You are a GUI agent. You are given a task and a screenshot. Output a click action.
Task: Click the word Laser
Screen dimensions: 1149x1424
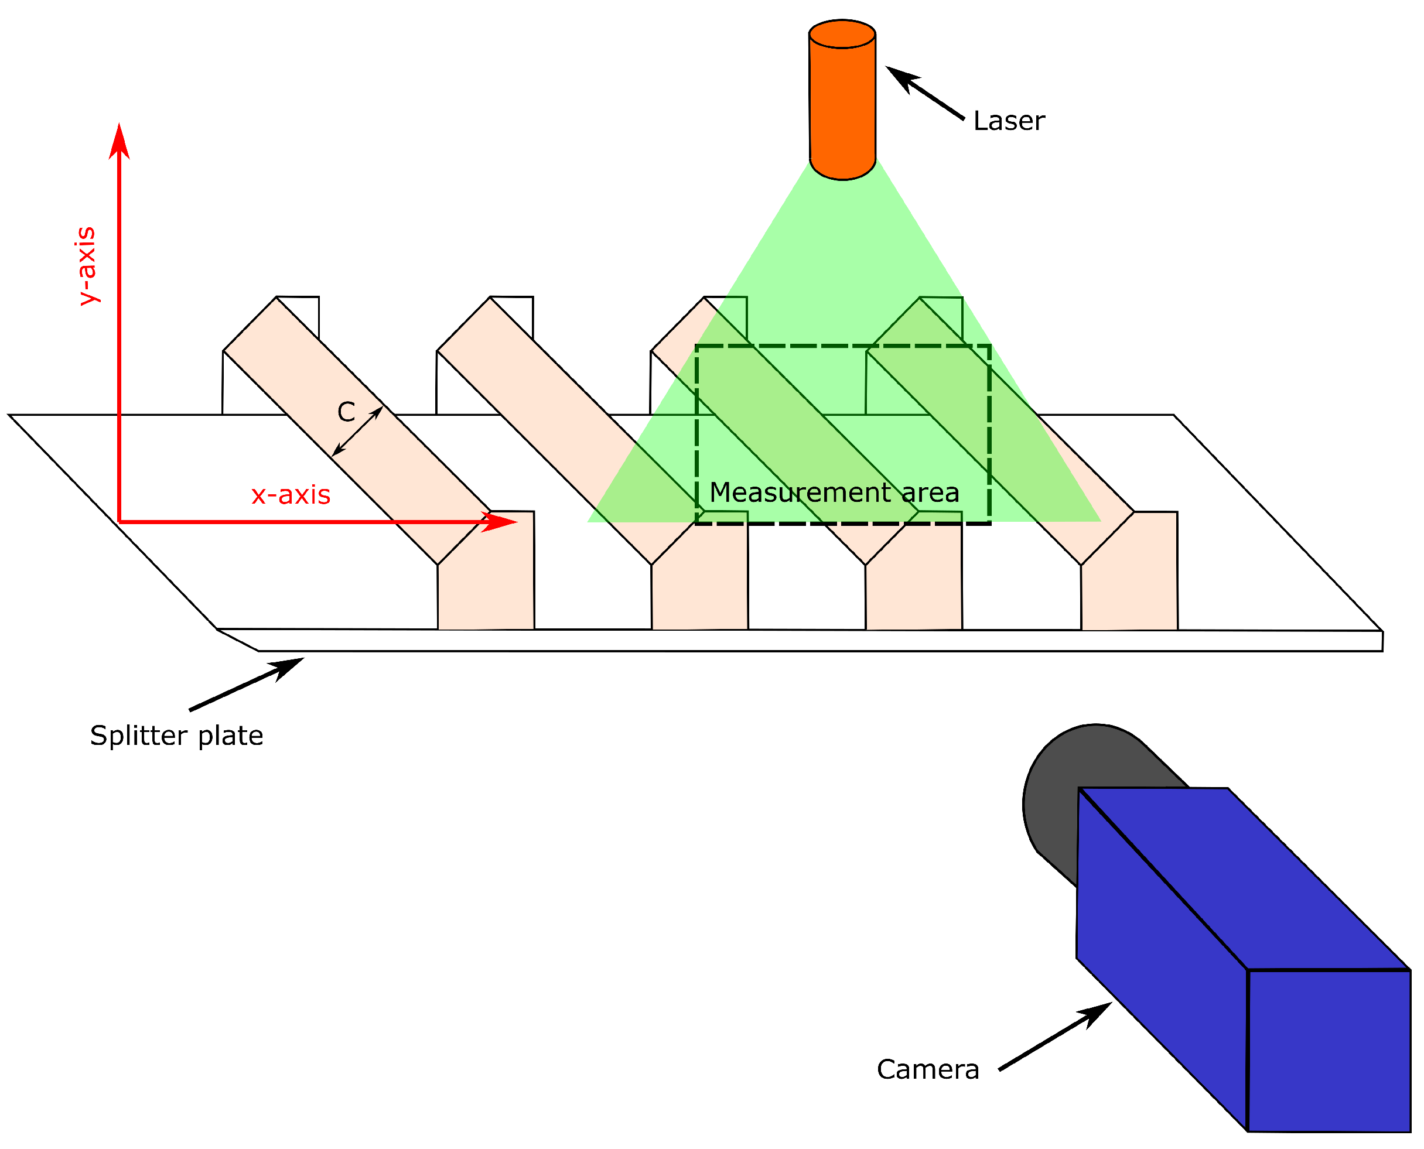[x=1009, y=122]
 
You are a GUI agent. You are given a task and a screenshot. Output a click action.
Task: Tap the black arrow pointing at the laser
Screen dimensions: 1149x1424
[x=925, y=93]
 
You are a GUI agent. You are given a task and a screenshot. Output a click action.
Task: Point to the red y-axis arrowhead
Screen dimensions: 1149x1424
[x=119, y=142]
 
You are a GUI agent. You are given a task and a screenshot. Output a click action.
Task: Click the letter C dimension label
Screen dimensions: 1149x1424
[x=346, y=412]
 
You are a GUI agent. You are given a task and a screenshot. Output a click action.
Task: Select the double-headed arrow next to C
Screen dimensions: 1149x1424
[x=357, y=432]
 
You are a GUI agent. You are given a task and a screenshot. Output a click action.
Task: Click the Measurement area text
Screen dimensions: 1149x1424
[x=834, y=493]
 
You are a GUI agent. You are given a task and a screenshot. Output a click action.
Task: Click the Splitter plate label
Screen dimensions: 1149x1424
[x=177, y=736]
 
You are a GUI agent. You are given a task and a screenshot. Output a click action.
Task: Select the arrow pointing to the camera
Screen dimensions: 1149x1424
[x=1054, y=1037]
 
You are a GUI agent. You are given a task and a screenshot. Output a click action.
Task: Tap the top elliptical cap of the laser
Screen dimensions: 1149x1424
[x=842, y=35]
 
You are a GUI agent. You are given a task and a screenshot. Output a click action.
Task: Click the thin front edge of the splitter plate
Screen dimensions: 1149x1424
[x=794, y=641]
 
